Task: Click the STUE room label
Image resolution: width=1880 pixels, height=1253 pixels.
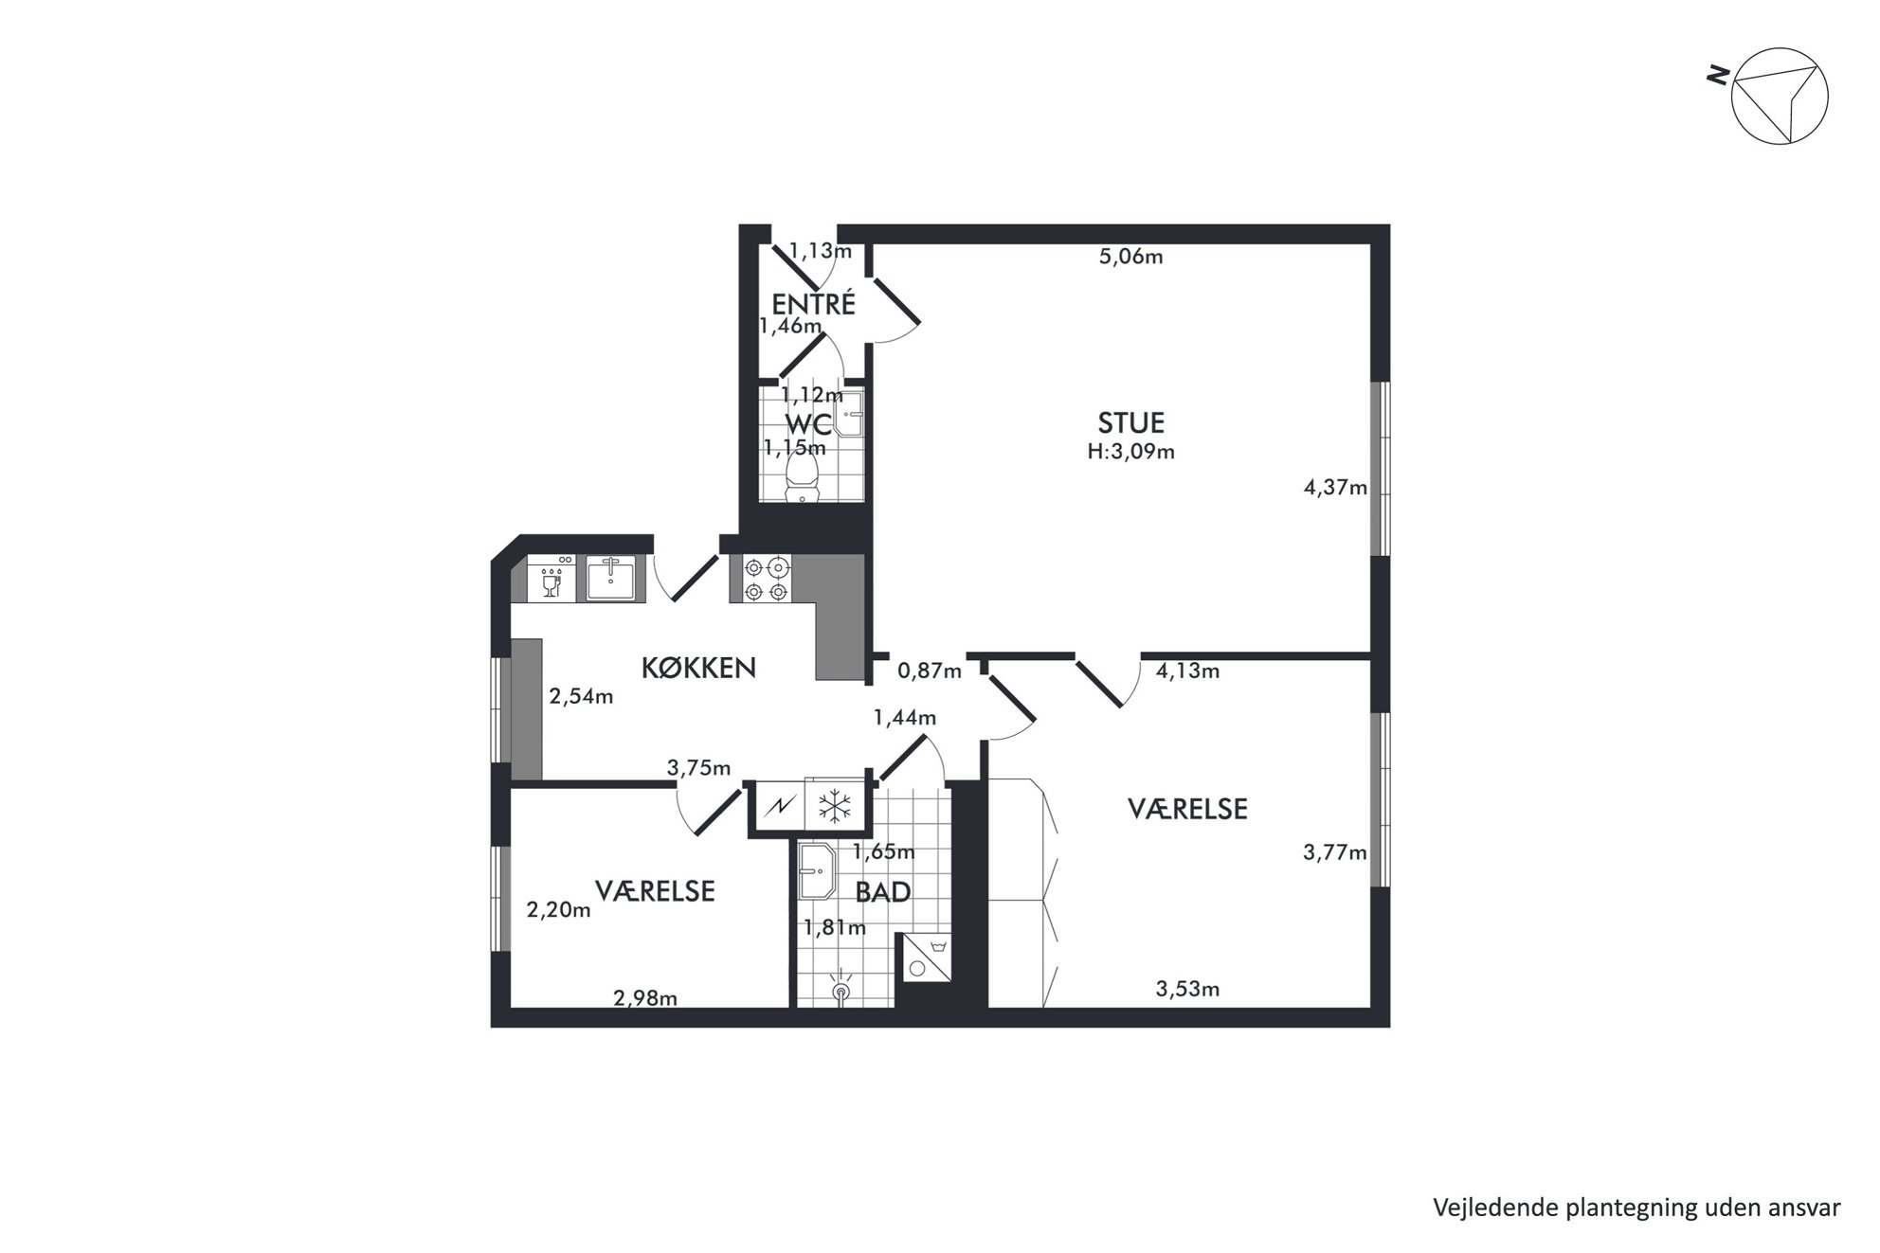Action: point(1130,422)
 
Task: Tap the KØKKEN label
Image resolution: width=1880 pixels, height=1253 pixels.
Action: point(698,668)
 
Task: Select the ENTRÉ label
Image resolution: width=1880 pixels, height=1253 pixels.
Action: point(813,304)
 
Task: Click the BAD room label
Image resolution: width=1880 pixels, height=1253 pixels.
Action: point(882,892)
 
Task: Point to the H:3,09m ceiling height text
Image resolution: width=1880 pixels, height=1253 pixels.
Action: point(1130,452)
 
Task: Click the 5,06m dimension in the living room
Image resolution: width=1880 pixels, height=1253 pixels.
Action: point(1130,257)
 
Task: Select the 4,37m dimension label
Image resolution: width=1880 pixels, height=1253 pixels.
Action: point(1335,488)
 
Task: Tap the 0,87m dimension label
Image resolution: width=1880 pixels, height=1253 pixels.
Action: point(930,671)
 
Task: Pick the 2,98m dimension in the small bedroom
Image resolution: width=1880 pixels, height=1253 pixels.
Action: point(645,997)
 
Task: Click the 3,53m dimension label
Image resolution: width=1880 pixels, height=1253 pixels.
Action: point(1187,990)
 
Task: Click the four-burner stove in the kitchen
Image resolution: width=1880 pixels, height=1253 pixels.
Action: point(766,579)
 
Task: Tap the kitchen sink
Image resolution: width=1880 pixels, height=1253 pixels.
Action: point(610,578)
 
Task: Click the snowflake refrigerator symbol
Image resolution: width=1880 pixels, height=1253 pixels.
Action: point(834,807)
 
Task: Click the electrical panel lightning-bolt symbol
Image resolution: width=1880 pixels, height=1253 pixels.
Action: point(779,807)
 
